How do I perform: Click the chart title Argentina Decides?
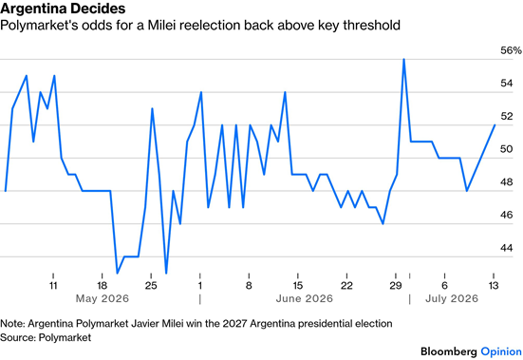click(63, 9)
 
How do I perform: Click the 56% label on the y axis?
click(511, 50)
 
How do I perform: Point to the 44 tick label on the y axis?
click(507, 248)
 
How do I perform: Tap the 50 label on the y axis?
click(507, 149)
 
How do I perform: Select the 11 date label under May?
click(53, 286)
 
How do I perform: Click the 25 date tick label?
click(151, 286)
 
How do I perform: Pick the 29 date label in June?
click(395, 286)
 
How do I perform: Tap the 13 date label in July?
click(494, 286)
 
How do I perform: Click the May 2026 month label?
click(103, 298)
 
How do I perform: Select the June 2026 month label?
click(304, 298)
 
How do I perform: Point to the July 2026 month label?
click(452, 298)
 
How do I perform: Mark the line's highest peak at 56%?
click(404, 60)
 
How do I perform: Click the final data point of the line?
click(495, 125)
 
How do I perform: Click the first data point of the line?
click(6, 191)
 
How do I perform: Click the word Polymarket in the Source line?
click(65, 337)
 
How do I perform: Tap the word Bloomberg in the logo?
click(449, 351)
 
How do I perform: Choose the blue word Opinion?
click(501, 352)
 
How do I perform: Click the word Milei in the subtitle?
click(161, 26)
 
